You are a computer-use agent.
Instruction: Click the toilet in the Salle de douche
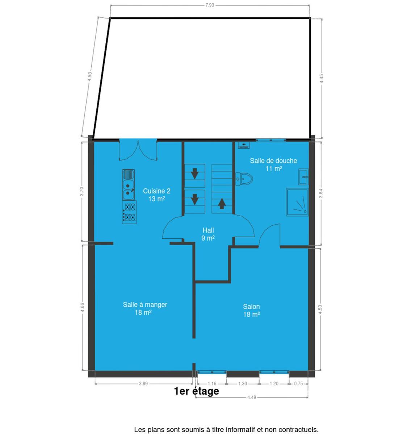[244, 179]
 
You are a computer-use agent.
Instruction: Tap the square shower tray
[297, 203]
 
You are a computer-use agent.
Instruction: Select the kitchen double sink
[128, 185]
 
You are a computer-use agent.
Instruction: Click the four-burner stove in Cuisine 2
[129, 212]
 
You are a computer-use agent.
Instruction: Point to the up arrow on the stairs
[222, 204]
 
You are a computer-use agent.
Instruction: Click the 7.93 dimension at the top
[210, 5]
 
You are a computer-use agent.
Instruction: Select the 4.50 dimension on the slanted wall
[90, 76]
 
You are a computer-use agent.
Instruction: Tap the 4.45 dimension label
[322, 79]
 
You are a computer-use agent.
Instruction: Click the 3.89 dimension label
[143, 383]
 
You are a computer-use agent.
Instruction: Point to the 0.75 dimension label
[298, 383]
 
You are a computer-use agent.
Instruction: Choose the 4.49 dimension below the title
[252, 397]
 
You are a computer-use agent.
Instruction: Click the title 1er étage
[197, 391]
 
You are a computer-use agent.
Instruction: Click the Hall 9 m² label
[208, 234]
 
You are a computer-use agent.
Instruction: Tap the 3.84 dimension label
[321, 193]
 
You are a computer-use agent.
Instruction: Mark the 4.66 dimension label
[83, 307]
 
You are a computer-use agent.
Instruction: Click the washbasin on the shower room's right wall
[303, 177]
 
